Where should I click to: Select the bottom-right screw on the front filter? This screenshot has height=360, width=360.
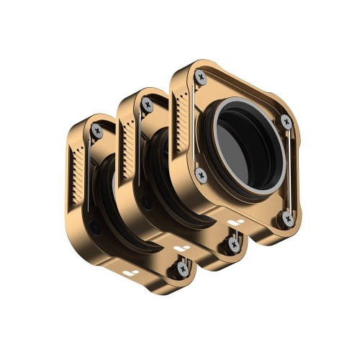(287, 216)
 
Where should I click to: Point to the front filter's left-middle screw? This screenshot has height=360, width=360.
(201, 175)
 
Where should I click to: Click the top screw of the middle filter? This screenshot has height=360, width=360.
(148, 104)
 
